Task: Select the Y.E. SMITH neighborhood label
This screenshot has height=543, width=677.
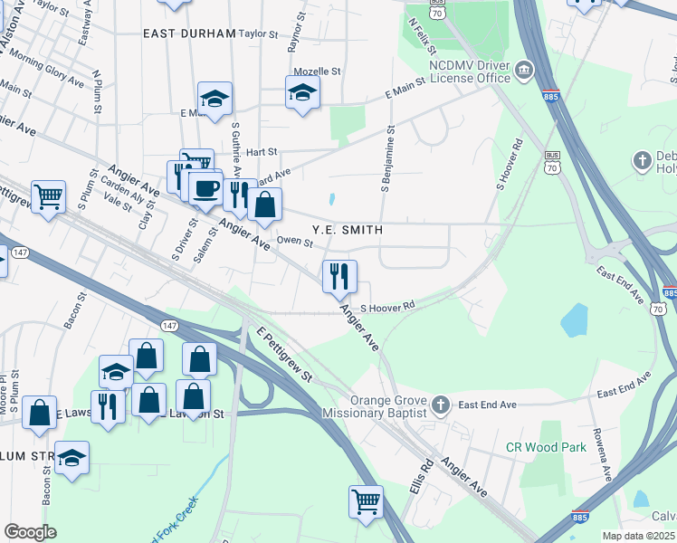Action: [x=348, y=231]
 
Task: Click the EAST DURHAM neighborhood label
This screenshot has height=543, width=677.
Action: [x=189, y=33]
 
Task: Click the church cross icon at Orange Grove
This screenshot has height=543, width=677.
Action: [x=440, y=404]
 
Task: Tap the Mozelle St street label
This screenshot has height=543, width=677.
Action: [x=316, y=71]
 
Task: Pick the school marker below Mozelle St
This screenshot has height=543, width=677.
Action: [x=302, y=92]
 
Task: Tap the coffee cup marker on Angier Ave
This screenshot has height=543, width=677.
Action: [x=205, y=188]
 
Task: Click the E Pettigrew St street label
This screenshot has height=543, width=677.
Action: [x=284, y=356]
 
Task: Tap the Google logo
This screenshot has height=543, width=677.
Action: [x=30, y=532]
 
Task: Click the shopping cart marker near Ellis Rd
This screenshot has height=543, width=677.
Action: [x=366, y=502]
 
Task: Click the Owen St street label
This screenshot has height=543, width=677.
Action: [x=294, y=241]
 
